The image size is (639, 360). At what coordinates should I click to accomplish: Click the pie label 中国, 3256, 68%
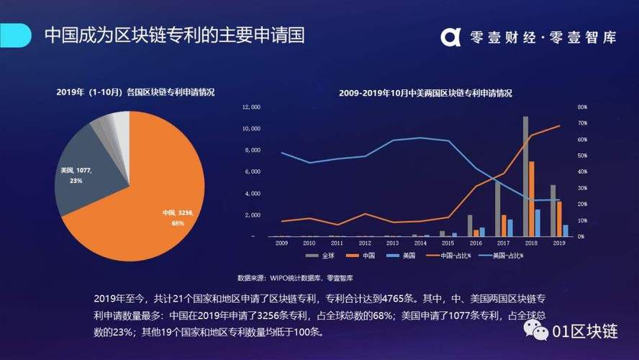coord(178,217)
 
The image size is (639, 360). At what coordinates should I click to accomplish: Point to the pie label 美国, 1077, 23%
coord(77,175)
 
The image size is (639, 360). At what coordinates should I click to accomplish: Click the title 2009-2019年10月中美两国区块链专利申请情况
coord(425,93)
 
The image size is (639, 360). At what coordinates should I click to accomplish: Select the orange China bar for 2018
coord(532,199)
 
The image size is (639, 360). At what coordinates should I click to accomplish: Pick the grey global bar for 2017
coord(497,209)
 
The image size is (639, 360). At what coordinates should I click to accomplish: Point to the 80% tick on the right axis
coord(582,107)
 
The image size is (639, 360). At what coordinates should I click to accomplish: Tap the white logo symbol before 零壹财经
coord(451,36)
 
